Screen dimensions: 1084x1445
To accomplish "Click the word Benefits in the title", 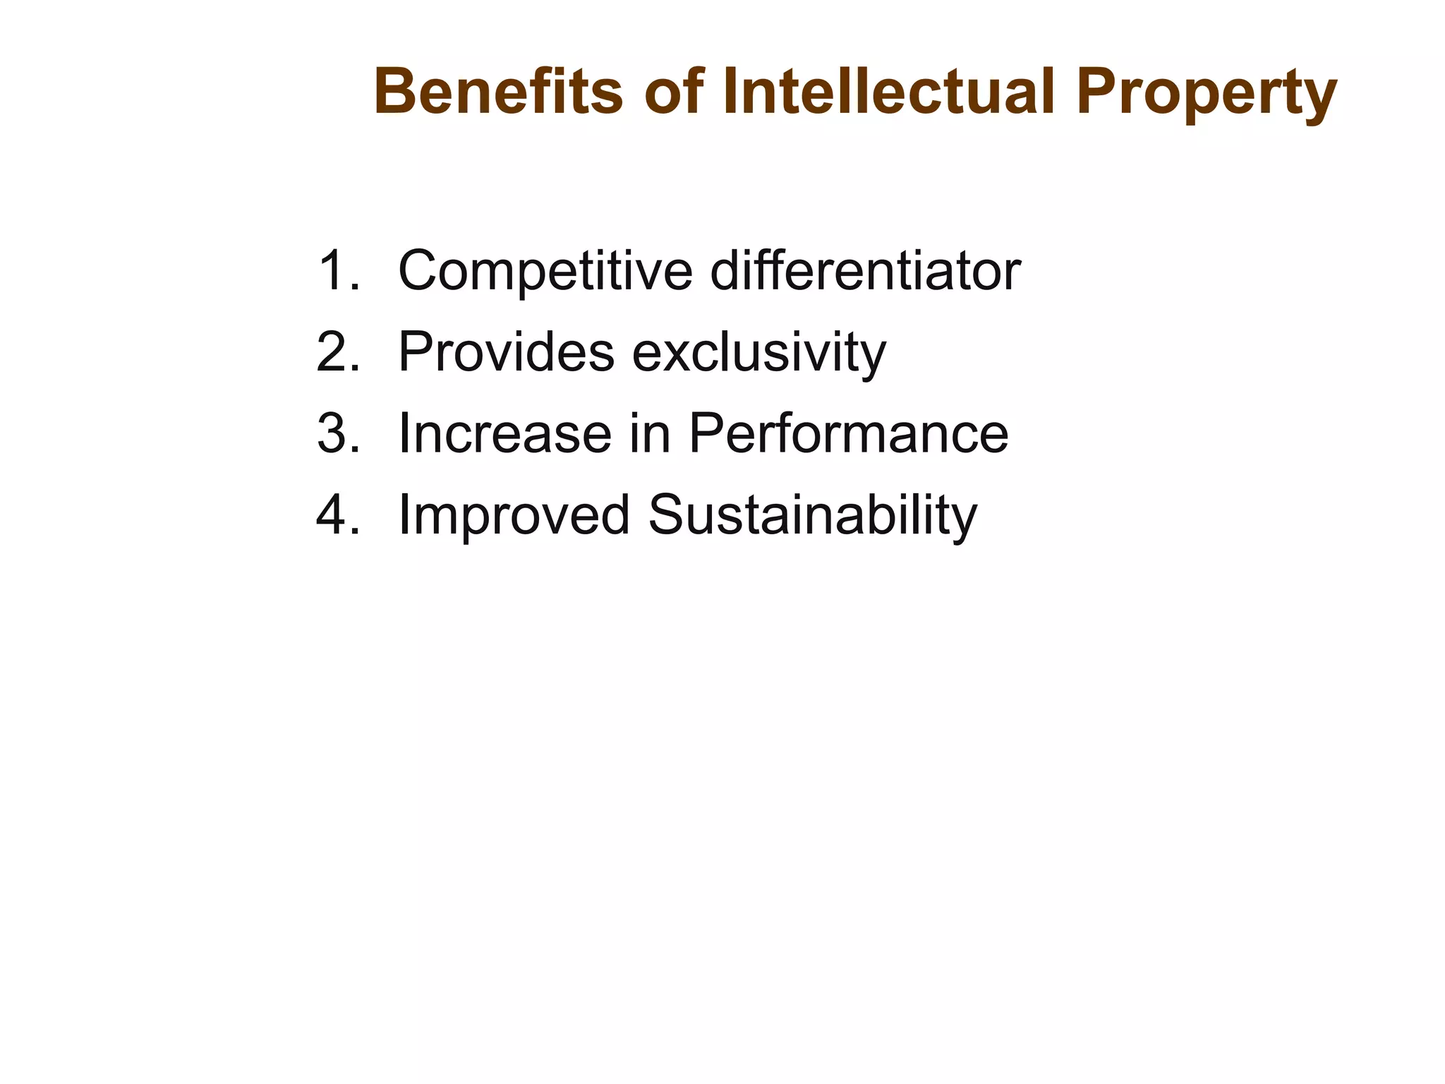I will click(498, 92).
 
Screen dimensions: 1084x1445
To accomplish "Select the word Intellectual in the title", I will click(888, 92).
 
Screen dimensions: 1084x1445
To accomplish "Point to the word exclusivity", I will click(758, 353).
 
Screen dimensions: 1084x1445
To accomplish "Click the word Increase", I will click(505, 433).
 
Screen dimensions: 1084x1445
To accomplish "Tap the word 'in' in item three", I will click(650, 433).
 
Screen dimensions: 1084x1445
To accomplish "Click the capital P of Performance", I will click(706, 433).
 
